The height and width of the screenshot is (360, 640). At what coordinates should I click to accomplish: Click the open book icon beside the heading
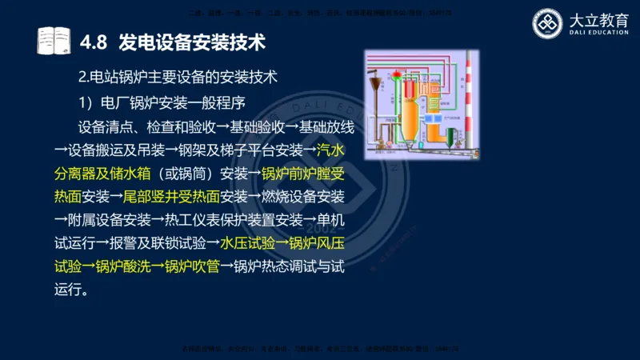coord(54,40)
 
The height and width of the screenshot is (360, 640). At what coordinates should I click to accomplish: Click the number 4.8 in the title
coord(94,40)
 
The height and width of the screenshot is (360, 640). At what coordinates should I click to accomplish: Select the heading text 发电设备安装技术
coord(191,40)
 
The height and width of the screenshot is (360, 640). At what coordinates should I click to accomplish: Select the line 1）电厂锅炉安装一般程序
coord(161,102)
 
